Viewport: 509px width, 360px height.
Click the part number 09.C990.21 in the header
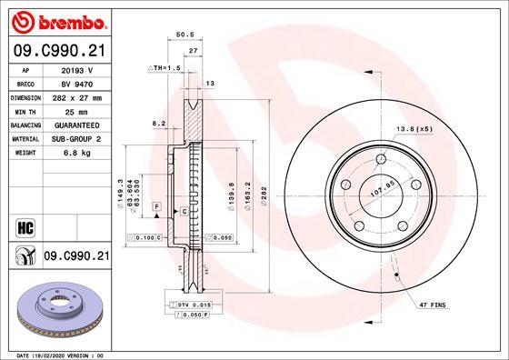coord(56,51)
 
